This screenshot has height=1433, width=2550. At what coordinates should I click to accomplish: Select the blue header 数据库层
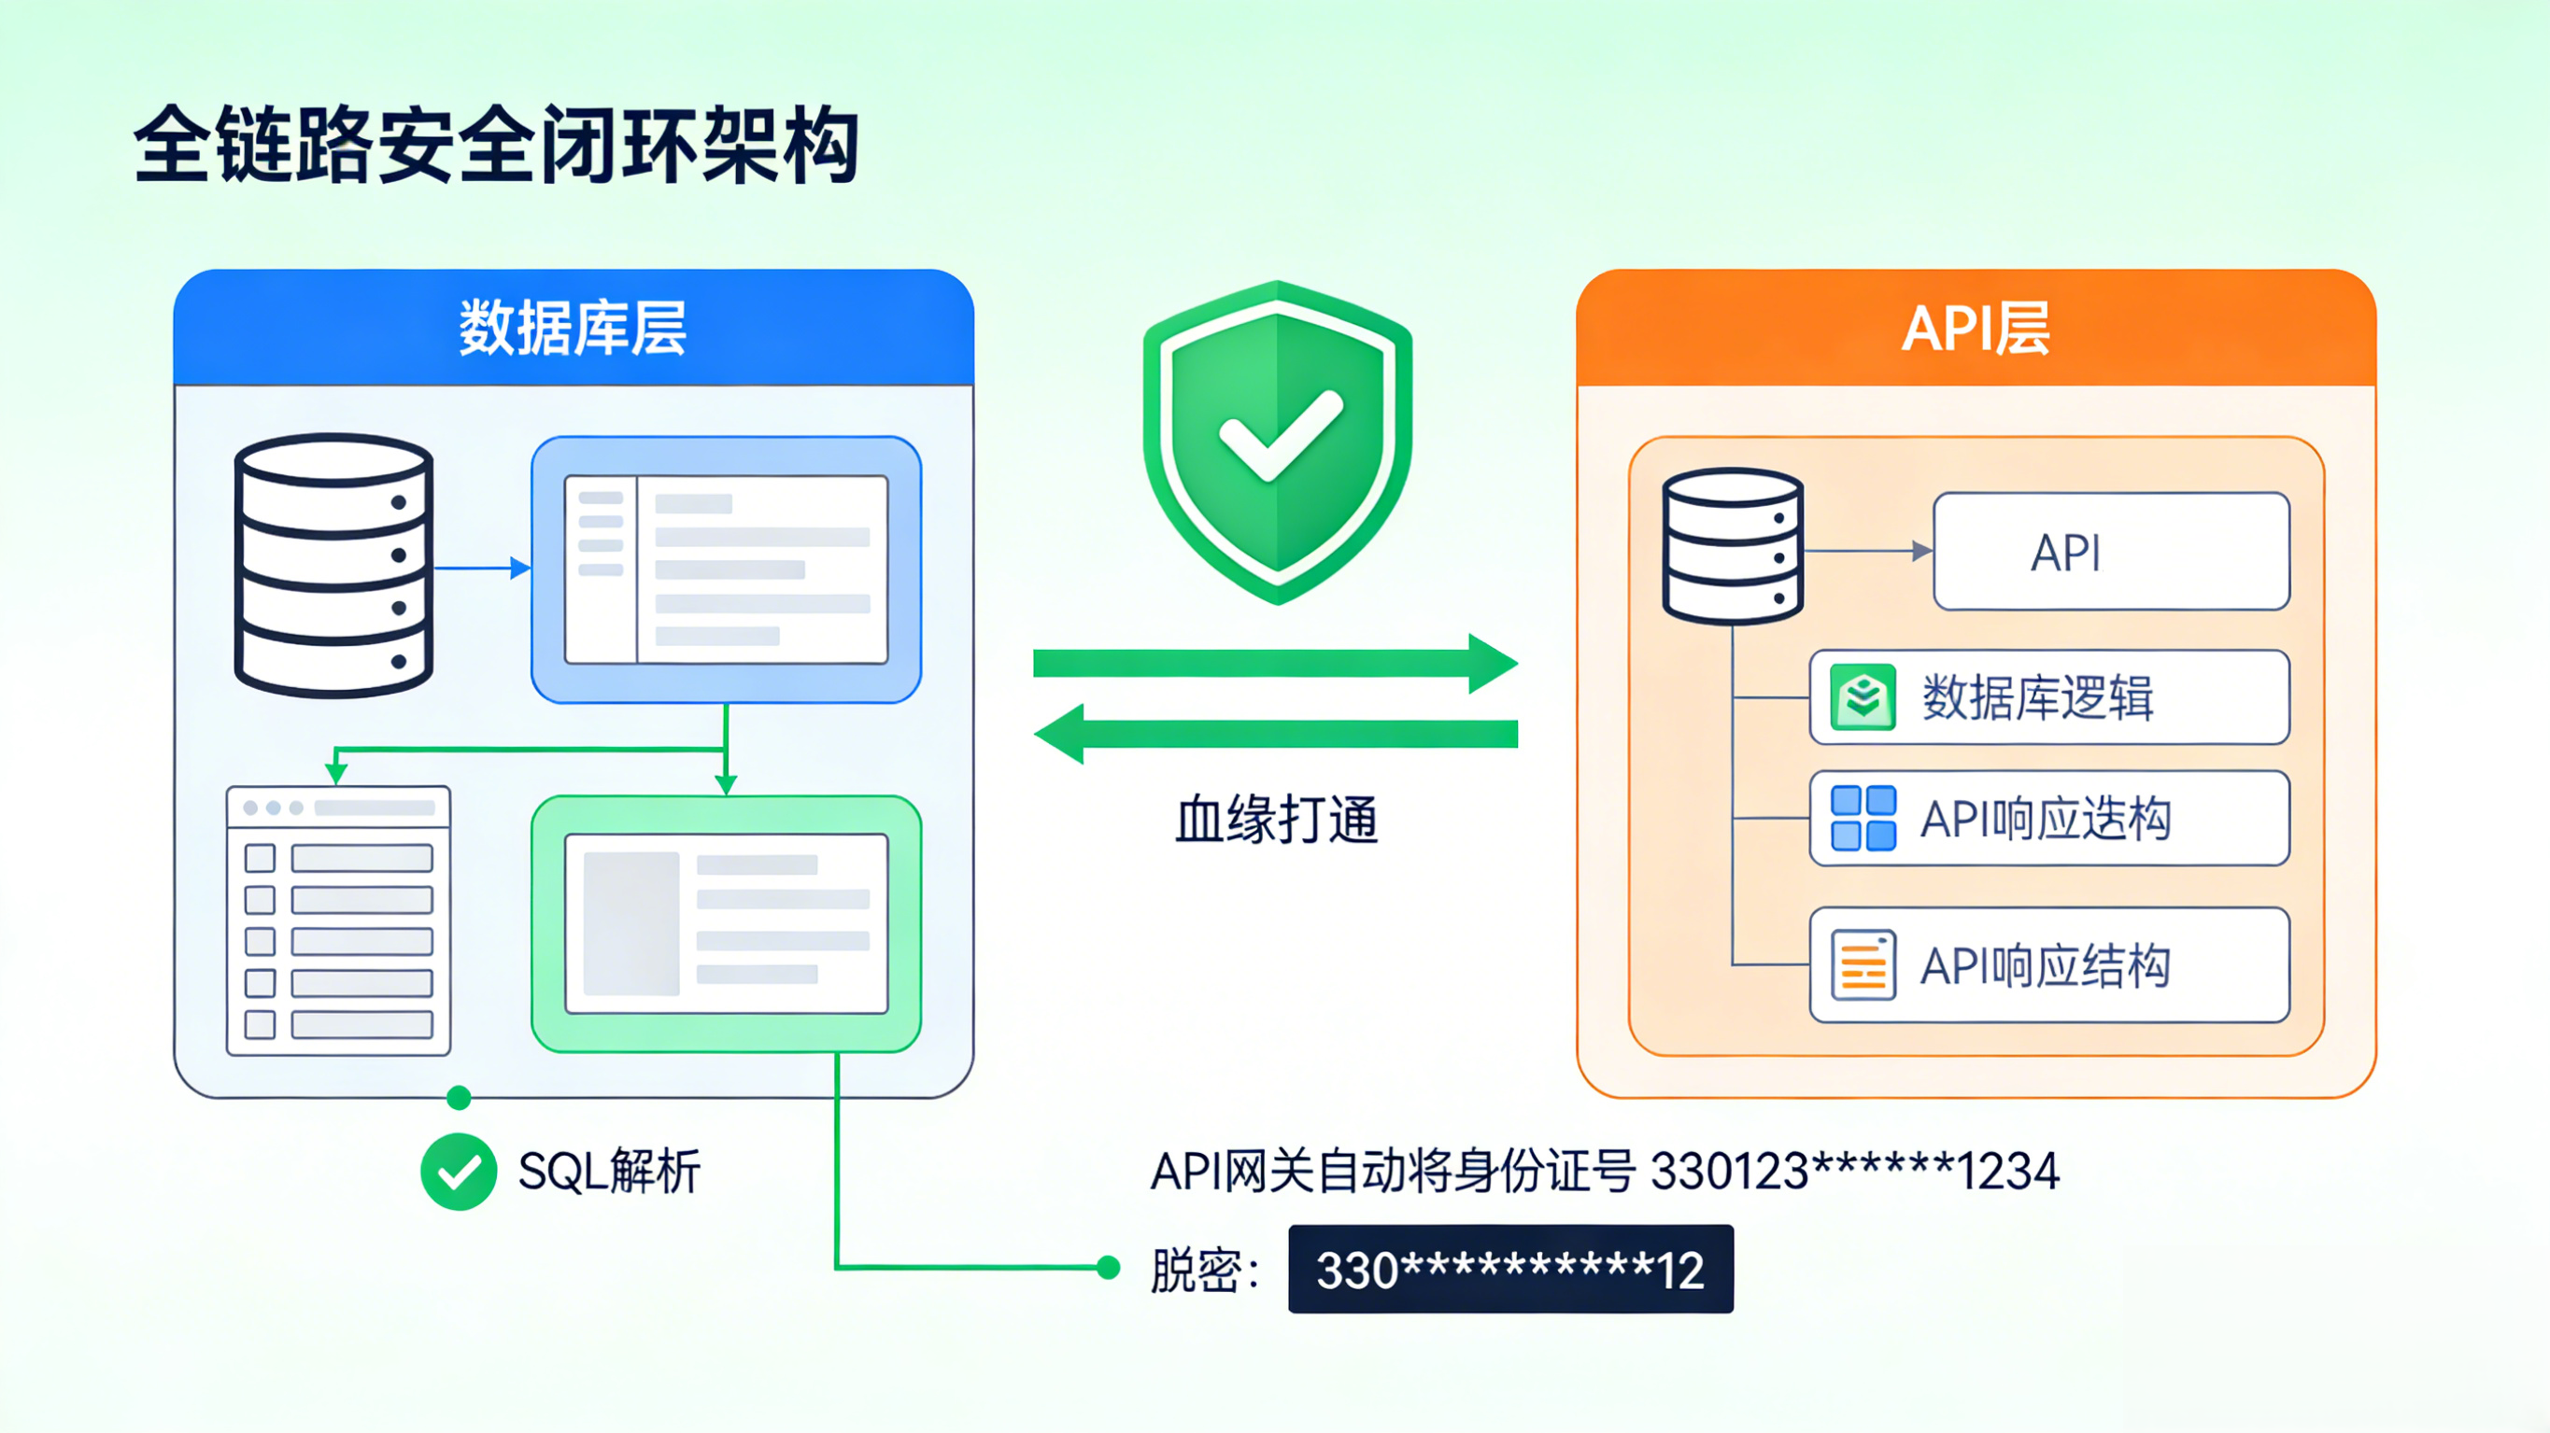[x=573, y=328]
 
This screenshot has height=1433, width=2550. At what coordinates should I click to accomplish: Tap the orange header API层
[x=1975, y=328]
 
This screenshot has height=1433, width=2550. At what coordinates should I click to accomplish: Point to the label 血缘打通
[x=1276, y=820]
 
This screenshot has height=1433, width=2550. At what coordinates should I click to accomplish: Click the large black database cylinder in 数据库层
[x=333, y=565]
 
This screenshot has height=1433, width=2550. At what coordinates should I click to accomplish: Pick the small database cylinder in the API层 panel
[x=1733, y=545]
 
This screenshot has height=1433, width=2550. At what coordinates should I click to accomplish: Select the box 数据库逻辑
[x=2049, y=697]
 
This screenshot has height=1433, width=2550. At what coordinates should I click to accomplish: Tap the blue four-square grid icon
[x=1863, y=819]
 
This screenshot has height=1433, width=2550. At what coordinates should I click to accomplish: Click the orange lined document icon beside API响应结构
[x=1863, y=965]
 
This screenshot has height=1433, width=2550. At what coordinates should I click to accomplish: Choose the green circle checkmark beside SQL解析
[x=459, y=1172]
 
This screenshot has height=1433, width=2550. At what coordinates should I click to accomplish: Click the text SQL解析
[x=609, y=1172]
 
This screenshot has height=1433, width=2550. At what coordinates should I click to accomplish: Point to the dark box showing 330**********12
[x=1509, y=1269]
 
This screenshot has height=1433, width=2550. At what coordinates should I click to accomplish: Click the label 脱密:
[x=1204, y=1270]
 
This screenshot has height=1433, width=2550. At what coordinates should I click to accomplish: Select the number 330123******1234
[x=1855, y=1172]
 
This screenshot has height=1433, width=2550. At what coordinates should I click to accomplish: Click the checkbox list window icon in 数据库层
[x=338, y=920]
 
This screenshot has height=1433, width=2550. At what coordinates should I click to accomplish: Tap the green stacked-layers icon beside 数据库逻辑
[x=1863, y=697]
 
